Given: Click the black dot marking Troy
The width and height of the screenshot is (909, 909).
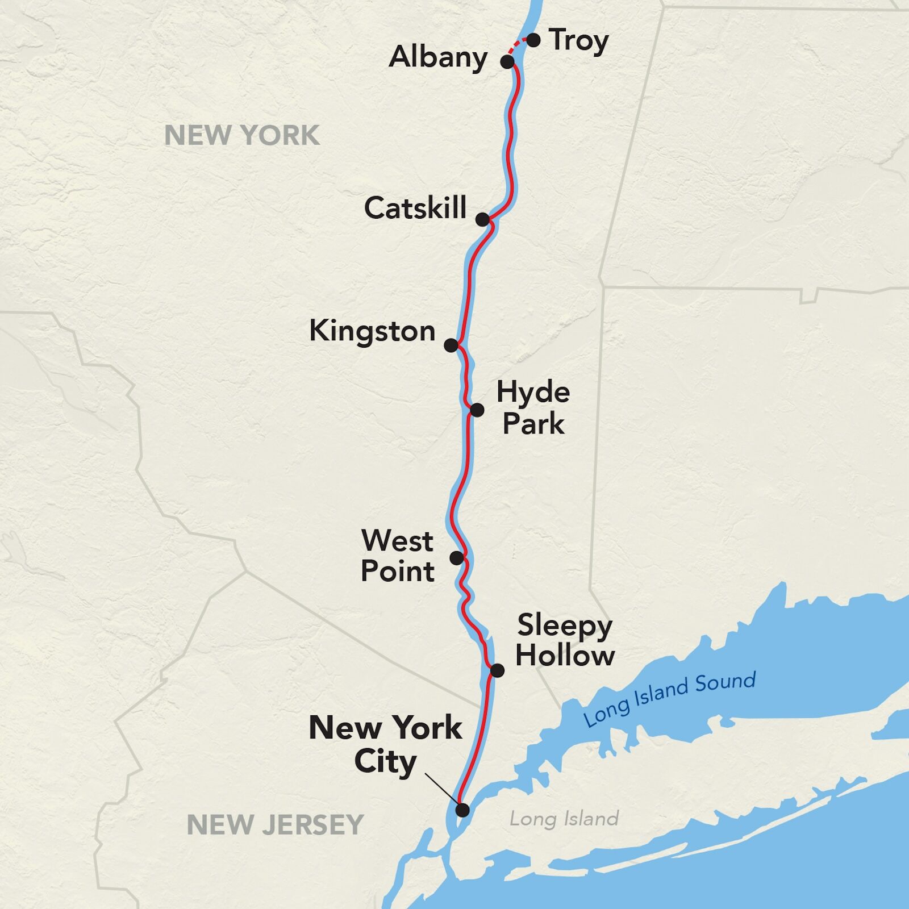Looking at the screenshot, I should click(x=533, y=40).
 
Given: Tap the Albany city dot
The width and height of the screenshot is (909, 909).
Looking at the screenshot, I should click(x=507, y=61).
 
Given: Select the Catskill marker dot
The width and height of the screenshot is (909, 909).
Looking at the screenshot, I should click(x=482, y=219).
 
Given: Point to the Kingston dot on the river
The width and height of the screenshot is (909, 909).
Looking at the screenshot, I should click(x=451, y=345).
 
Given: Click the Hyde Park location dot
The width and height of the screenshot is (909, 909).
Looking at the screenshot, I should click(x=477, y=410).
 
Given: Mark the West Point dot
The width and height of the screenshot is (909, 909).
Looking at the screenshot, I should click(x=457, y=558).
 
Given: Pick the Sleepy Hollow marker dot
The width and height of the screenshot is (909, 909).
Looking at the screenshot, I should click(x=497, y=670).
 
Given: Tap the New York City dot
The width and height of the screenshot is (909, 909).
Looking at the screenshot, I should click(x=463, y=810).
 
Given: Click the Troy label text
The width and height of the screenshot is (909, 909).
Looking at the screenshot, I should click(x=579, y=41).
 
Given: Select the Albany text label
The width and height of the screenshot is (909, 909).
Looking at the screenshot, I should click(x=438, y=57).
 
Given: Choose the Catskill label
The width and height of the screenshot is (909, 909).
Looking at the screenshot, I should click(x=415, y=208).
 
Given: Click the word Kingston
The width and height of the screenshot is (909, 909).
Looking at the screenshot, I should click(x=372, y=331).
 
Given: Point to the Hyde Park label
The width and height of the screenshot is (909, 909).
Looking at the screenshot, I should click(x=533, y=408).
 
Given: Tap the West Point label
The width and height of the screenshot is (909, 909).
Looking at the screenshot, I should click(x=398, y=556).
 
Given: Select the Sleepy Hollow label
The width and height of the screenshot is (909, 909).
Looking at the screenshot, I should click(x=565, y=640).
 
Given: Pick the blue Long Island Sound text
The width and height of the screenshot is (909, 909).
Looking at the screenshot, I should click(x=669, y=698).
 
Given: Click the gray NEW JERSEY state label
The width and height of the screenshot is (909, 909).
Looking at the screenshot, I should click(x=275, y=825).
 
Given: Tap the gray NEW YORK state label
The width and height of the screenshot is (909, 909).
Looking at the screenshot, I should click(x=242, y=136).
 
